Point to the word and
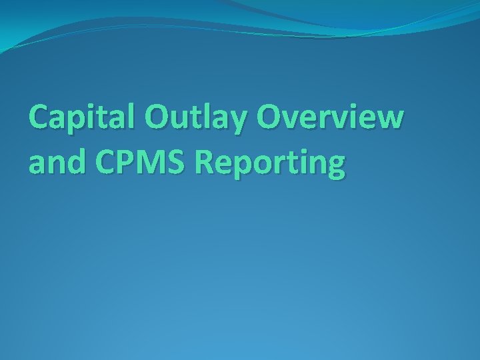(55, 164)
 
